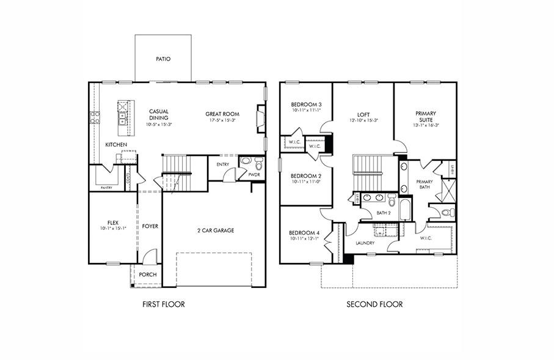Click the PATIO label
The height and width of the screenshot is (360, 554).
[162, 59]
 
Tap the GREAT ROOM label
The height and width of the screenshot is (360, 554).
[222, 114]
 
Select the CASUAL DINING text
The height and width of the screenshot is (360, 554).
[158, 114]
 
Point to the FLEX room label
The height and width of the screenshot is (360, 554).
[112, 222]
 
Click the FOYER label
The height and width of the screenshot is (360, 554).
[150, 226]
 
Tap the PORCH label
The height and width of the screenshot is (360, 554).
[148, 274]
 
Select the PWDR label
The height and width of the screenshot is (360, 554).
[254, 175]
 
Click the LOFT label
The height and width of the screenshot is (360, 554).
[363, 114]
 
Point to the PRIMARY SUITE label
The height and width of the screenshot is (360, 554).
[425, 116]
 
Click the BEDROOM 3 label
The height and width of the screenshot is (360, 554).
[305, 105]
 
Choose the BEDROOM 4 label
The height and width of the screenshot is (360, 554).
[304, 233]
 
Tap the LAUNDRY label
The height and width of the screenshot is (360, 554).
[365, 243]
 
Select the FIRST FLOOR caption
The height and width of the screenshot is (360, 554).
[163, 304]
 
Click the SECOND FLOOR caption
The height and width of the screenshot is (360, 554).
[374, 304]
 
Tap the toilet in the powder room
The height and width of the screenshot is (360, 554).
[258, 164]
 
